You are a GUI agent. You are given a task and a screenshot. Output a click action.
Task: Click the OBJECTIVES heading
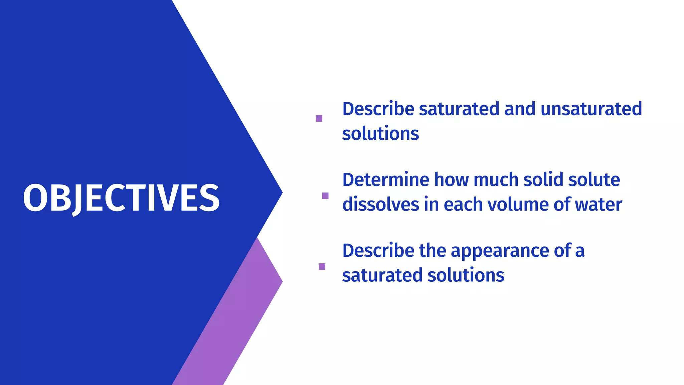[121, 198]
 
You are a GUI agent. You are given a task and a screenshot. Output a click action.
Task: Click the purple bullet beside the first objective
[319, 118]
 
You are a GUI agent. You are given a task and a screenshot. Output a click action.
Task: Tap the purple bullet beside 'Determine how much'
[325, 196]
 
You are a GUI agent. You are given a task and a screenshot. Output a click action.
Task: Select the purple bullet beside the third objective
[322, 266]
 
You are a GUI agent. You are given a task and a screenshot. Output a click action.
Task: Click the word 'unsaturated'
[591, 109]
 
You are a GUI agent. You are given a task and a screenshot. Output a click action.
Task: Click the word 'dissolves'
[380, 205]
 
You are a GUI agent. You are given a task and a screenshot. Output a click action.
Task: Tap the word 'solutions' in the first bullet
[380, 134]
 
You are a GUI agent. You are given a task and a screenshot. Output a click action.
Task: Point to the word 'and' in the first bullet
[520, 109]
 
